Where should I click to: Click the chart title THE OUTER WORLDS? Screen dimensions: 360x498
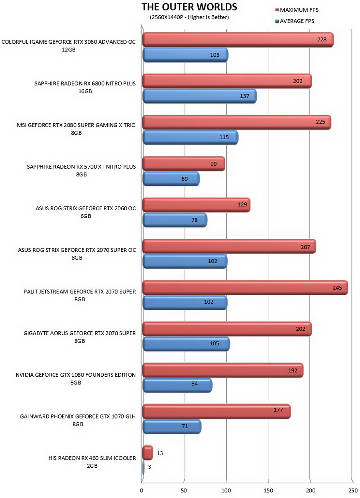click(189, 7)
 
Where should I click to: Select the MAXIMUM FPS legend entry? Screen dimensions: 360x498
click(297, 10)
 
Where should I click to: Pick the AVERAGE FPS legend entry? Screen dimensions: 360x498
click(294, 21)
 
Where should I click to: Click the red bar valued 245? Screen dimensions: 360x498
click(245, 288)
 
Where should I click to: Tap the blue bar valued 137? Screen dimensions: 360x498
click(200, 96)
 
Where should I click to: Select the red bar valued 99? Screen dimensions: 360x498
click(184, 164)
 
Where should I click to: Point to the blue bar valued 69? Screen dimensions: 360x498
click(171, 179)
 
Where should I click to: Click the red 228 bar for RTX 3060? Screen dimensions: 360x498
click(238, 40)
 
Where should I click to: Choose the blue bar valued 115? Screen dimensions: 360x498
click(190, 137)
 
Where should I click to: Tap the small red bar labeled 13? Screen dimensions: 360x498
click(147, 453)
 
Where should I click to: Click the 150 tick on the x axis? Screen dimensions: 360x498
click(269, 490)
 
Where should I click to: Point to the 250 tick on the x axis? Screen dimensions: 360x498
click(353, 490)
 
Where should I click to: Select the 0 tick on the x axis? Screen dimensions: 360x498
click(141, 490)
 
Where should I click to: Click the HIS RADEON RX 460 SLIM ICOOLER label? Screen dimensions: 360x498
click(92, 462)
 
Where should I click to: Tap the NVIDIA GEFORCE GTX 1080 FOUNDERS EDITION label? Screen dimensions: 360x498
click(76, 379)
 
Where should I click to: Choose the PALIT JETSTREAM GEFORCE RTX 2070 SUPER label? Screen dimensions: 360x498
click(80, 295)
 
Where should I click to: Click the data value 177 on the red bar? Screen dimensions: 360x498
click(278, 410)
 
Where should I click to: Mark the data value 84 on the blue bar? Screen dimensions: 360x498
click(195, 384)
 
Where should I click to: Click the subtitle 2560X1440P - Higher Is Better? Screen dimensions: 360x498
click(189, 17)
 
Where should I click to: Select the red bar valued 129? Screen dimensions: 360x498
click(196, 205)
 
